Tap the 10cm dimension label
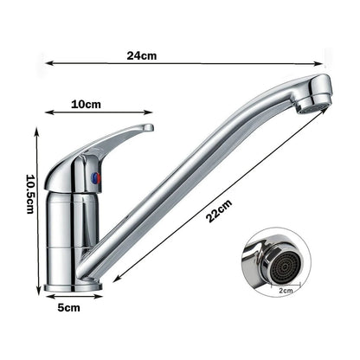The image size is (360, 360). (85, 104)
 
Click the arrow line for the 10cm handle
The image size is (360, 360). (100, 112)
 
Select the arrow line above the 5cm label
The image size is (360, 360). (73, 297)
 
